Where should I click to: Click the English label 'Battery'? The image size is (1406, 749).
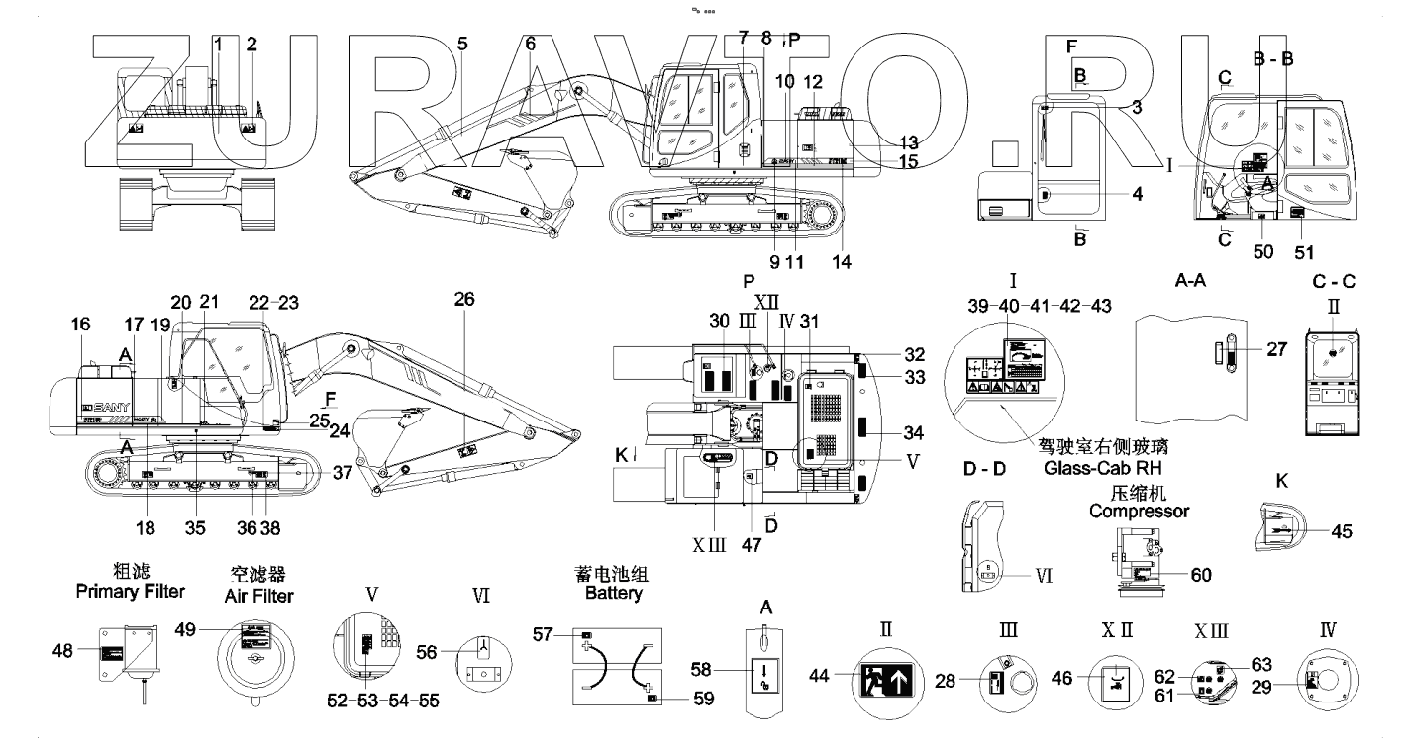click(x=614, y=595)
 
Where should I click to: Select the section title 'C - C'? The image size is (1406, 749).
click(x=1334, y=281)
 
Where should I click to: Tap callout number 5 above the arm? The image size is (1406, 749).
click(x=462, y=44)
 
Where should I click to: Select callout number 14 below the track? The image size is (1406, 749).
click(x=841, y=262)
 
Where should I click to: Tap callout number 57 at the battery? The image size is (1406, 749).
click(x=560, y=635)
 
